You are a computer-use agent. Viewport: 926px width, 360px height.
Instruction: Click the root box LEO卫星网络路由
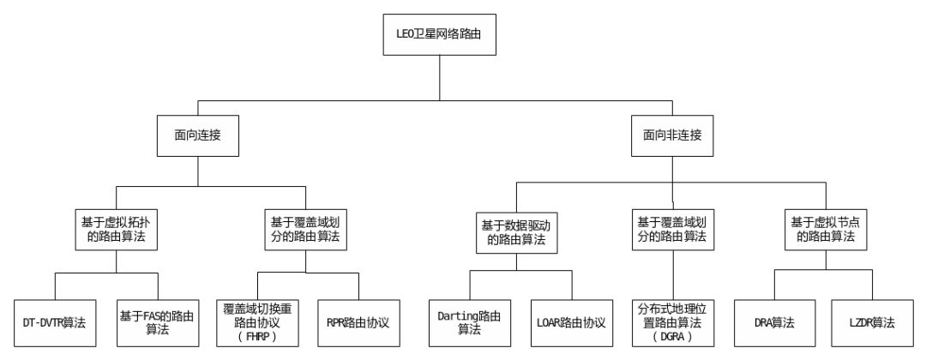pos(439,38)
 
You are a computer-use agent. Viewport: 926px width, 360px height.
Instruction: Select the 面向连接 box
pos(198,136)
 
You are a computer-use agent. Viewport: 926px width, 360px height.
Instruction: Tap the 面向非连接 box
pos(673,136)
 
